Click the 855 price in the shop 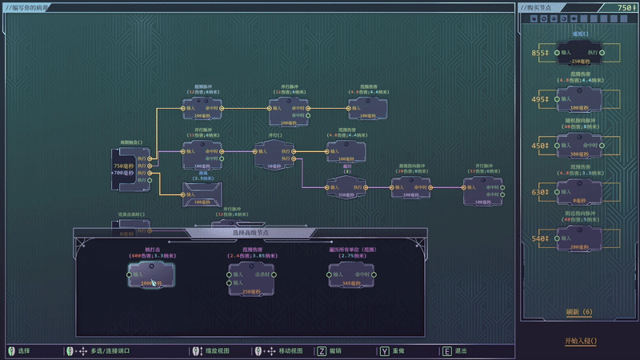pyautogui.click(x=539, y=54)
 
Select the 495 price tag pyautogui.click(x=539, y=100)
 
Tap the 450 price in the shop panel pyautogui.click(x=539, y=146)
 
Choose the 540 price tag pyautogui.click(x=539, y=238)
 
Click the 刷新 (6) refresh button pyautogui.click(x=578, y=311)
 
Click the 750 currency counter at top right pyautogui.click(x=626, y=7)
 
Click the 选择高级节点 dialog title pyautogui.click(x=250, y=232)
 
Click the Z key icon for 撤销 pyautogui.click(x=322, y=350)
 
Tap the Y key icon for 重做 pyautogui.click(x=386, y=350)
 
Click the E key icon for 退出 pyautogui.click(x=446, y=350)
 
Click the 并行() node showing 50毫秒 pyautogui.click(x=274, y=154)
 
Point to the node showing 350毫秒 pyautogui.click(x=346, y=189)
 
